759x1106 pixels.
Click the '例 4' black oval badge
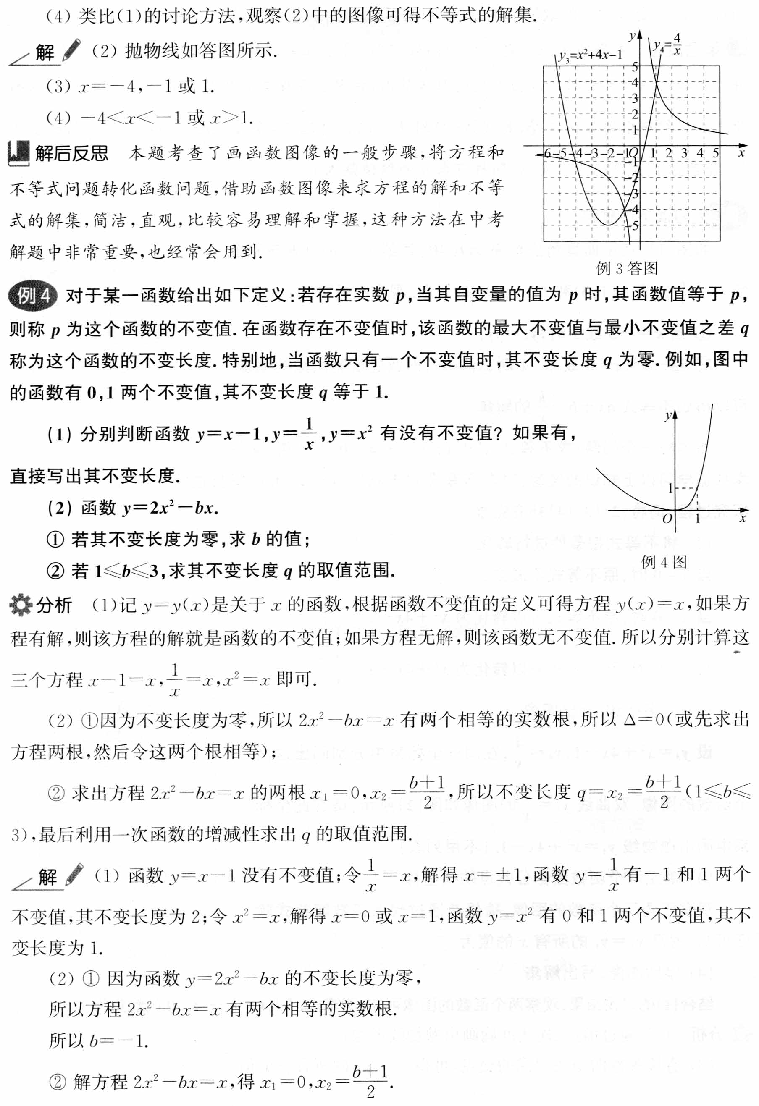32,296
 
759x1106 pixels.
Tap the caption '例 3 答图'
627,269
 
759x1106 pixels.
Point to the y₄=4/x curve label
667,44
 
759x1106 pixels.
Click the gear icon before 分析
21,605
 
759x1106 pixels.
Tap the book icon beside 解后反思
19,153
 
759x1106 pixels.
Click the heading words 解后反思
71,153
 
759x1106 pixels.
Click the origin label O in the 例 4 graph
667,518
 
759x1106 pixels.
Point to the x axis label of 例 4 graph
742,518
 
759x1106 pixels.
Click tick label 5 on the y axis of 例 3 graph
635,67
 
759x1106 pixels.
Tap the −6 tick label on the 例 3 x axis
546,153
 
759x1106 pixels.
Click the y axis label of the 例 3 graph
632,36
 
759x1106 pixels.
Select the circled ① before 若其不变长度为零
55,539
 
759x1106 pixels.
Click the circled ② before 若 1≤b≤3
55,571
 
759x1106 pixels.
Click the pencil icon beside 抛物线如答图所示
72,50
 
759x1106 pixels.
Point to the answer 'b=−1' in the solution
117,1041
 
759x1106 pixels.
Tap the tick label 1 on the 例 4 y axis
670,488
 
